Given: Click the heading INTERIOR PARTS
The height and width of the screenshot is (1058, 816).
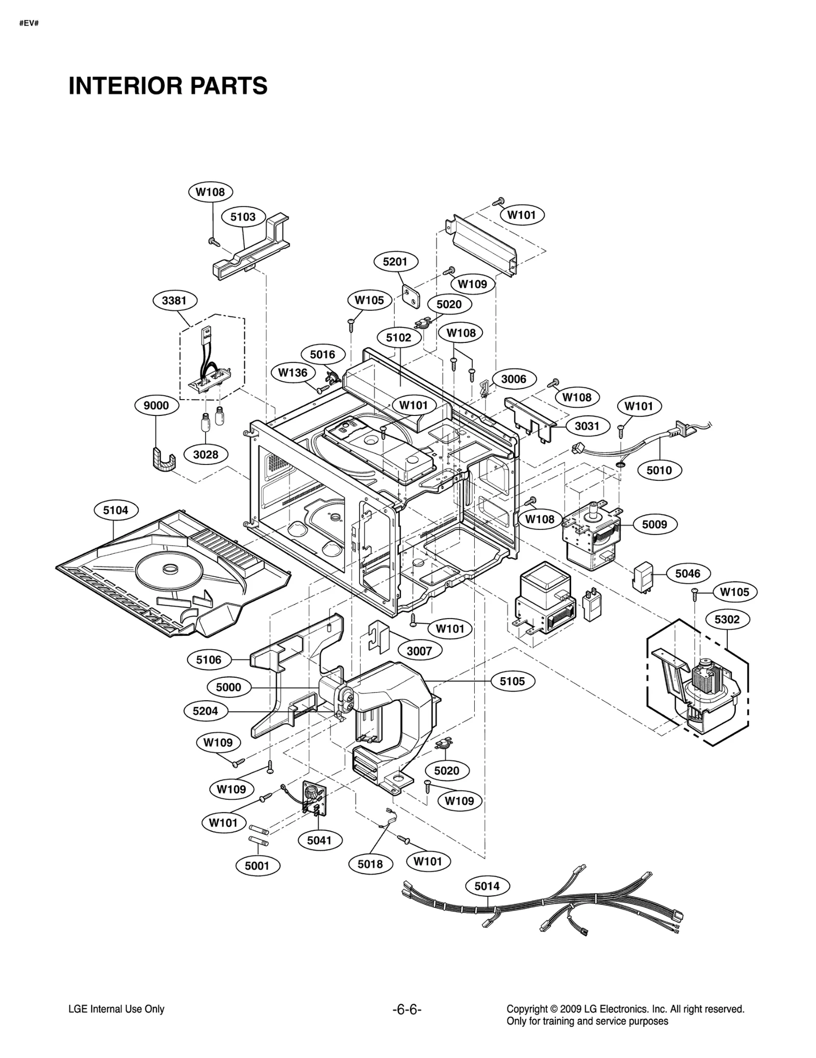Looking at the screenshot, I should pos(168,86).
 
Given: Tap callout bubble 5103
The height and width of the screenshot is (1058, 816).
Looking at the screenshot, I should pos(243,217).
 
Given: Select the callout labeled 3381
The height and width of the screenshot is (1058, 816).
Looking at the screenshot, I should pos(174,301).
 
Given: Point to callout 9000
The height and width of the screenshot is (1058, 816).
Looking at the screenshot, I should pos(156,405).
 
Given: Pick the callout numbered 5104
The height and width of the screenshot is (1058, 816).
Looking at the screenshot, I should pos(116,510).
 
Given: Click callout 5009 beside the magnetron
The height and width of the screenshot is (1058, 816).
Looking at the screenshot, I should pos(654,524).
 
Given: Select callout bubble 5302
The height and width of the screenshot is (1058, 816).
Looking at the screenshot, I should pos(727,619).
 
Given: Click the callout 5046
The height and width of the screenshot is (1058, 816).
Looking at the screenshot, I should pos(687,574).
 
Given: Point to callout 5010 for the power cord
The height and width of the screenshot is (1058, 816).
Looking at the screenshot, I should pos(659,470).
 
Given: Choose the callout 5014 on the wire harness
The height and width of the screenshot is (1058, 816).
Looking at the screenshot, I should pos(487,886).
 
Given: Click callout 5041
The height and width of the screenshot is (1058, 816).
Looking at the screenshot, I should pos(319,840).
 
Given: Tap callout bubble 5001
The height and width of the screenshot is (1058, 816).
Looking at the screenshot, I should pos(257,866).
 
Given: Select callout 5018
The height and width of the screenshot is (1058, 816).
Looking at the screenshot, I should pos(370,864).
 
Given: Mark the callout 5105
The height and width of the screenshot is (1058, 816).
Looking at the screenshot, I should pos(512,681).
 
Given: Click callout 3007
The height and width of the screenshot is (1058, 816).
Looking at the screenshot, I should pos(419,651).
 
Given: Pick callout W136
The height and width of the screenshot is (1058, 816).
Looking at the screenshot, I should pos(293,373).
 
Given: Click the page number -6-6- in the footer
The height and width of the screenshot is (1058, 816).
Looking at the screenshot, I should pos(407,1009).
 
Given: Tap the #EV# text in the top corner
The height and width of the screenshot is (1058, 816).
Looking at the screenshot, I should pos(29,23).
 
